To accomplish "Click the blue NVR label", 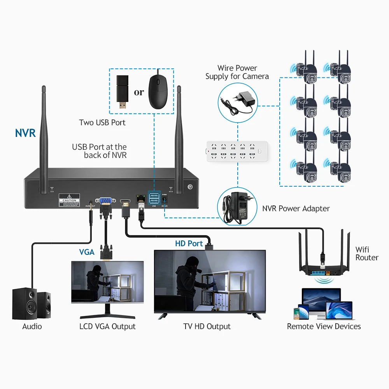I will pos(25,133).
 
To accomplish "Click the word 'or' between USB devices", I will pos(139,92).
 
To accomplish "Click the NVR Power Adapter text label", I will pos(296,209).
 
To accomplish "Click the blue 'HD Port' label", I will pos(189,244).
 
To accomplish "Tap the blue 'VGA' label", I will pos(87,252).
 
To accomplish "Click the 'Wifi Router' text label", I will pos(366,254).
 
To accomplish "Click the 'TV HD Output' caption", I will pos(207,326).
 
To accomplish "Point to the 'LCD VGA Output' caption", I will pos(107,326).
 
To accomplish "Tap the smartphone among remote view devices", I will pos(298,314).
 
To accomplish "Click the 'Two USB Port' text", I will pos(102,123).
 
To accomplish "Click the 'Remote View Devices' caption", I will pos(324,326).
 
